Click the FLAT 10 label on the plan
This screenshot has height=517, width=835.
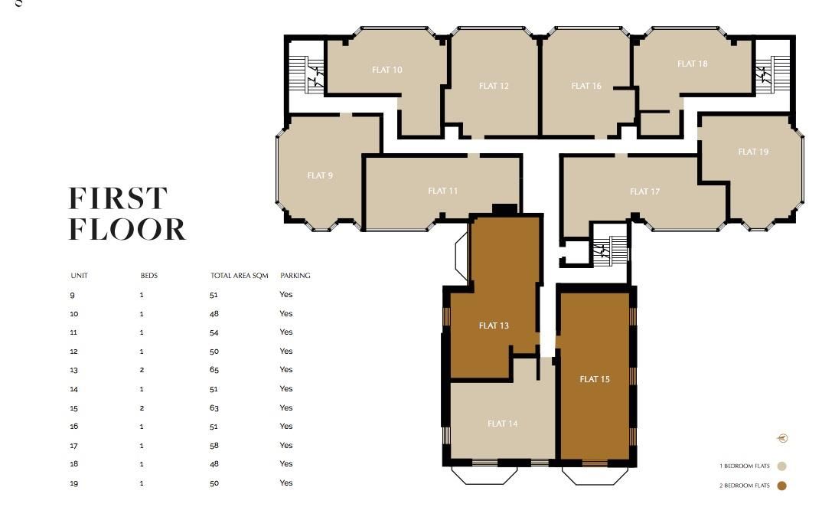(x=387, y=70)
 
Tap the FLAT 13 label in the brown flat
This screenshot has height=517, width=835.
(x=494, y=326)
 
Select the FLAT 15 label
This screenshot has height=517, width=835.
(x=595, y=379)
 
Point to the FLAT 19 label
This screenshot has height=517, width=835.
(x=753, y=152)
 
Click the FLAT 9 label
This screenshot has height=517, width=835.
(x=320, y=175)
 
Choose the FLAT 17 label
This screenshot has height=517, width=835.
(x=644, y=191)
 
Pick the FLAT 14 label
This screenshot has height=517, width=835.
(x=503, y=424)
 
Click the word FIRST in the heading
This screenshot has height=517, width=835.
(x=118, y=199)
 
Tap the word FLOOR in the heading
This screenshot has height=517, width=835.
(x=127, y=230)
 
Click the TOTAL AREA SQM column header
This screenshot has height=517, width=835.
(x=239, y=276)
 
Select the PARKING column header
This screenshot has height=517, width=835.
(x=295, y=276)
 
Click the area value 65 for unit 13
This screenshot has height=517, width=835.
(x=214, y=370)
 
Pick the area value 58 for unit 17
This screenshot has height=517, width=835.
(x=214, y=445)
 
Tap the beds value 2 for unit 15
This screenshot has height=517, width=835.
(x=142, y=407)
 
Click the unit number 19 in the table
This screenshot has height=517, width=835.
(x=74, y=483)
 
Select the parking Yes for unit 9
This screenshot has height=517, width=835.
(x=286, y=295)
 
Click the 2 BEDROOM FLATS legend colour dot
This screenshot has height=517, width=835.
(x=781, y=486)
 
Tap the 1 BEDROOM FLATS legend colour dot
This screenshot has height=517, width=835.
(x=781, y=466)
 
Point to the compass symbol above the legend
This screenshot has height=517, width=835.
(x=782, y=438)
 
